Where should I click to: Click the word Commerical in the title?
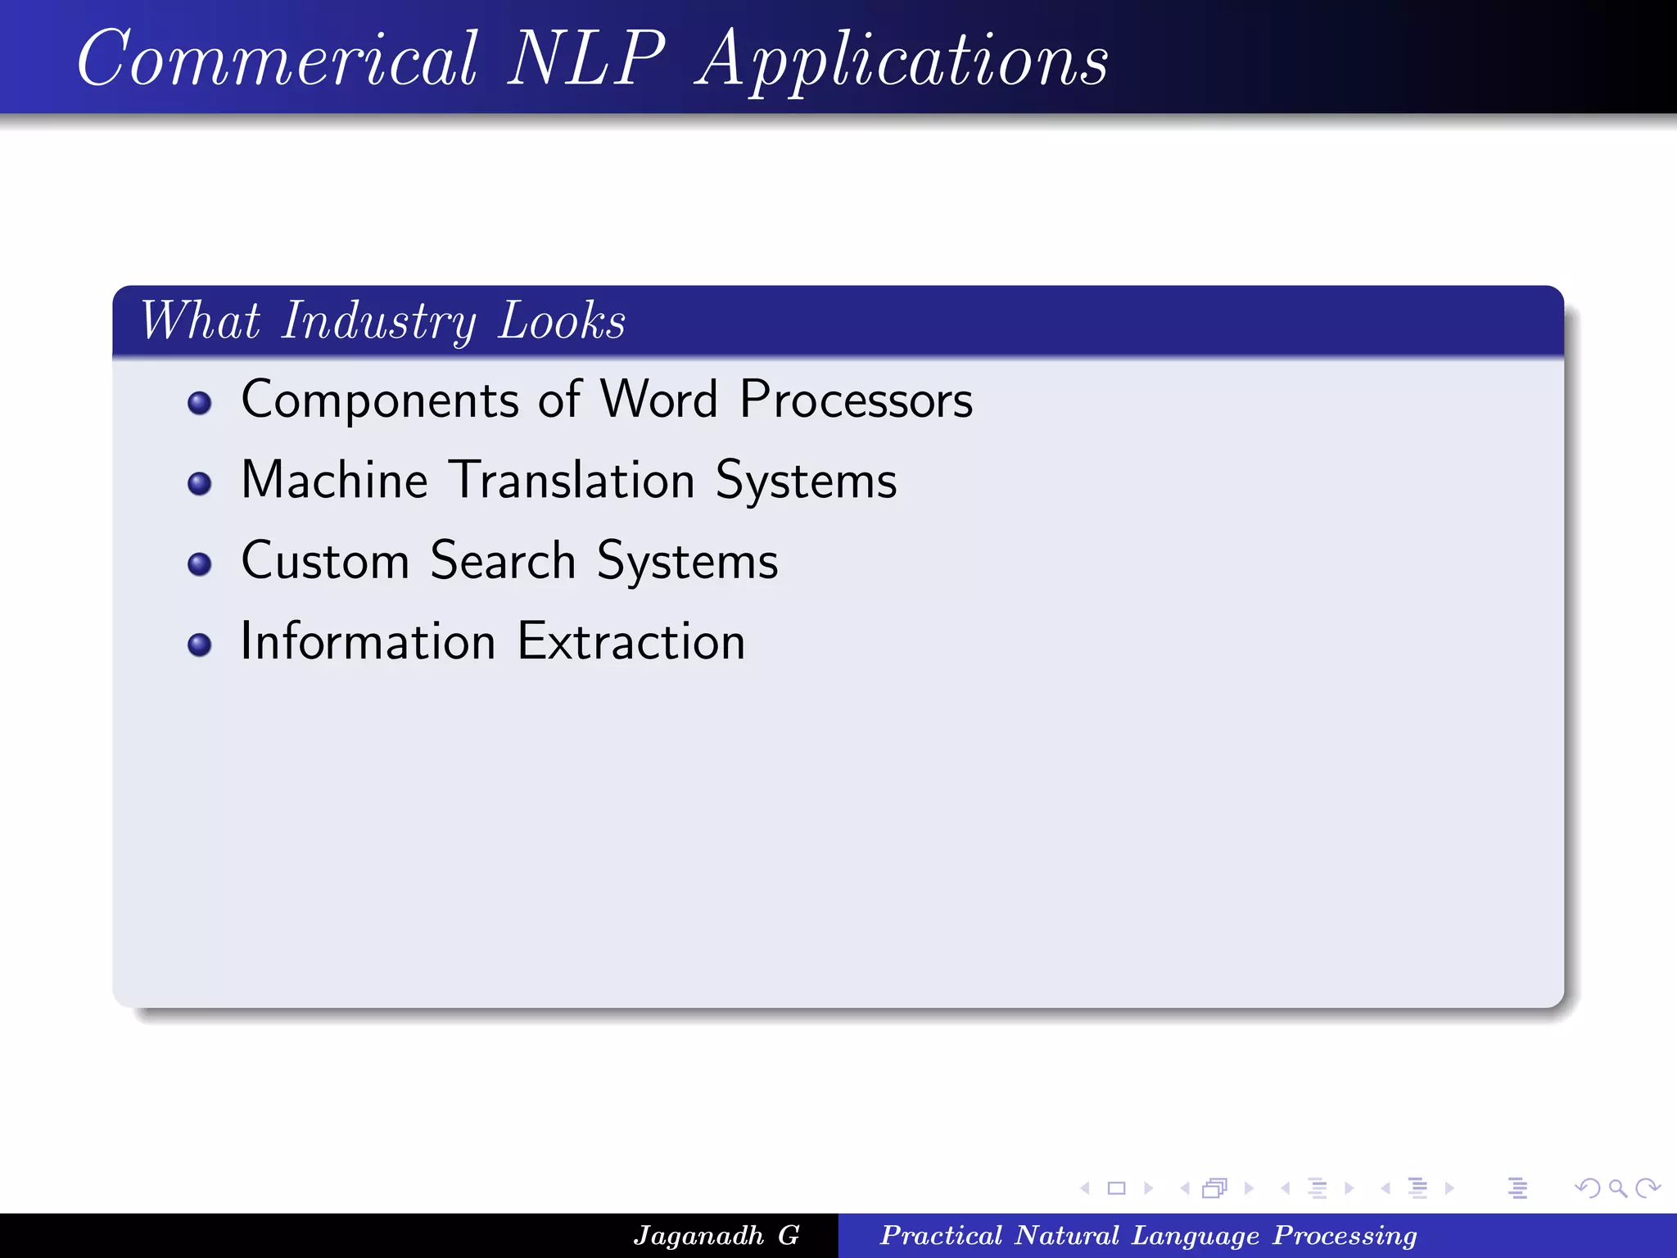tap(277, 59)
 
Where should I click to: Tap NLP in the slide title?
tap(586, 59)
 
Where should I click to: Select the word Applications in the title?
tap(902, 61)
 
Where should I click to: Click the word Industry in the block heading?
tap(378, 321)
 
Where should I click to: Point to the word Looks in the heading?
tap(562, 321)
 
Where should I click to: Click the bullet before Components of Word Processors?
tap(199, 403)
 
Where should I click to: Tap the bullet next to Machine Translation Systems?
tap(199, 483)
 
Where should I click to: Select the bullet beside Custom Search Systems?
tap(199, 564)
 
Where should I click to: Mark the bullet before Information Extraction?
tap(199, 645)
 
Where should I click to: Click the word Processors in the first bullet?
tap(856, 400)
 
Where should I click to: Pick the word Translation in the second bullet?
tap(573, 480)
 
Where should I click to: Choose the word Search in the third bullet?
tap(503, 561)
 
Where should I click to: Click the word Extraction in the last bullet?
tap(631, 641)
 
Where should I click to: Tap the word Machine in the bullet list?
tap(334, 480)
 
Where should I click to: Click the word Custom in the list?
tap(325, 561)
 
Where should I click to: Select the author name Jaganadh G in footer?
tap(716, 1235)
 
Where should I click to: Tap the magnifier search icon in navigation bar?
tap(1617, 1188)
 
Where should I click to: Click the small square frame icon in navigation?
tap(1116, 1188)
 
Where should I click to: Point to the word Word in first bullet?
tap(659, 400)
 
